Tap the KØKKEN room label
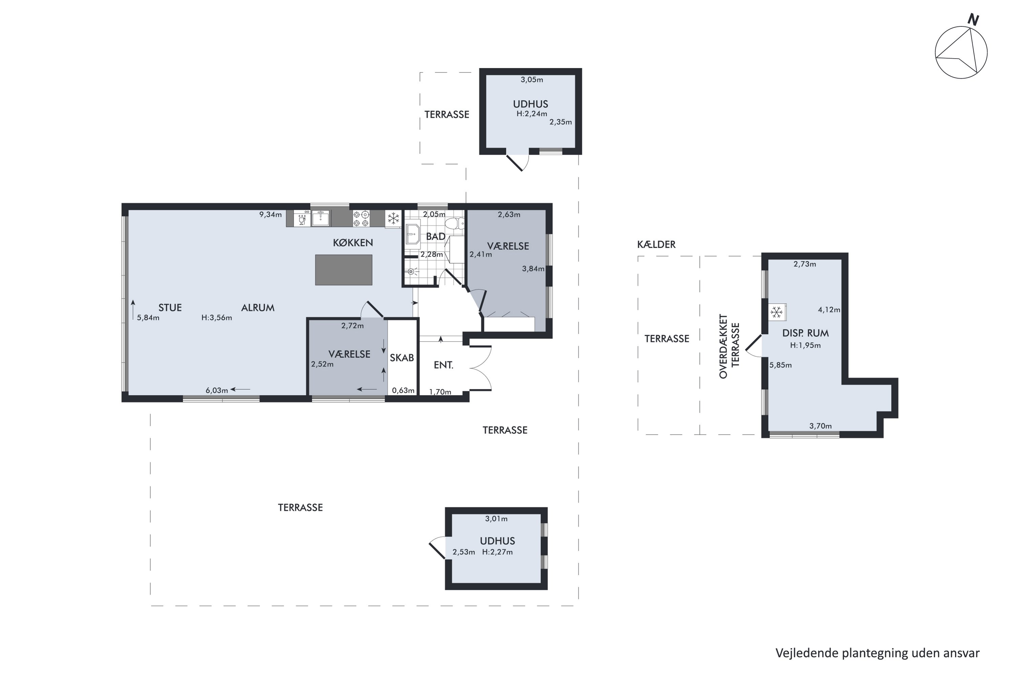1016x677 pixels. [353, 243]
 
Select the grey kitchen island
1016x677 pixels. [343, 270]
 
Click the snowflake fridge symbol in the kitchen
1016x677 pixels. [393, 218]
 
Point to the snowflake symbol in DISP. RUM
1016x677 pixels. [777, 312]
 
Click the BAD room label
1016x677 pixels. [436, 237]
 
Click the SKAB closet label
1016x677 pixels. [402, 357]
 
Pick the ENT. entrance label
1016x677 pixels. [444, 365]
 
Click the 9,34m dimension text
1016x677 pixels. [270, 215]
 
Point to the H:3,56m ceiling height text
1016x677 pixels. [217, 318]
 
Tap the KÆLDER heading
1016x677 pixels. [656, 244]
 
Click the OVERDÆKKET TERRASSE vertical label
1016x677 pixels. [729, 346]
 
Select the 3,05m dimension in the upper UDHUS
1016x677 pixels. [532, 80]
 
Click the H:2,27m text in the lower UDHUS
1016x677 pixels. [498, 552]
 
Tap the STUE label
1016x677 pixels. [170, 308]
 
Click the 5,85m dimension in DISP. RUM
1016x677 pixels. [781, 365]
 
